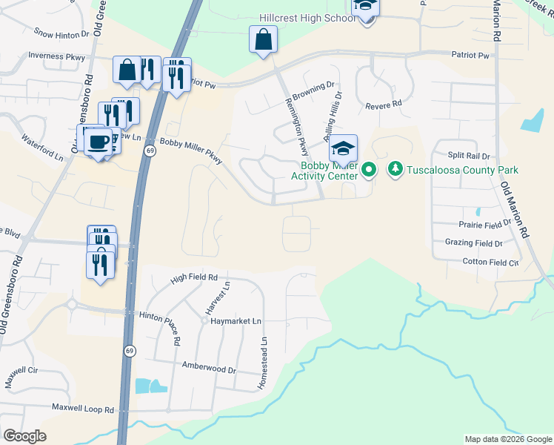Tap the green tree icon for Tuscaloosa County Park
point(396,170)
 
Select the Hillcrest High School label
point(307,17)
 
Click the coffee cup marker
point(98,140)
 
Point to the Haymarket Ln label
point(236,320)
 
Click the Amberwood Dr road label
point(209,369)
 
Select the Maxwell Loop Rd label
point(83,408)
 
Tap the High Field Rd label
point(193,278)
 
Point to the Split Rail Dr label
point(468,156)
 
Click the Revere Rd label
point(383,105)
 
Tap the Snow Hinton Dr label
point(61,33)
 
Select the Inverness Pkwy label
point(56,56)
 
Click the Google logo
point(24,436)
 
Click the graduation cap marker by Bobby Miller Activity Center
point(343,148)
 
